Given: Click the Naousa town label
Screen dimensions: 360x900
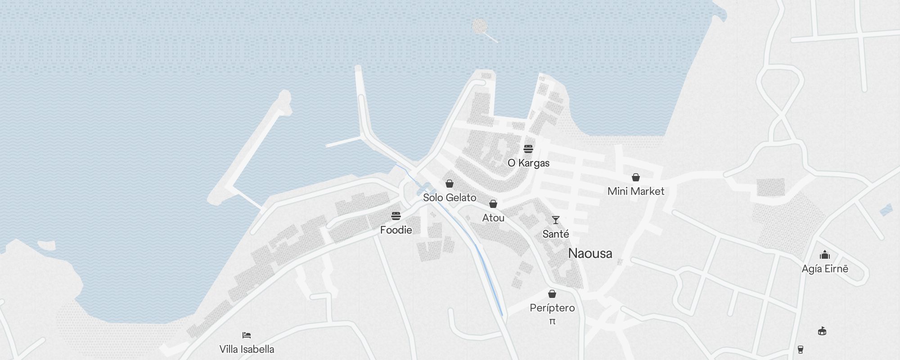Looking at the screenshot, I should [x=590, y=253].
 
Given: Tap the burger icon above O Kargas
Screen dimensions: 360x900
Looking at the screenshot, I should [x=528, y=148].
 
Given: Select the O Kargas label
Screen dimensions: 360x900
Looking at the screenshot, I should [x=528, y=163].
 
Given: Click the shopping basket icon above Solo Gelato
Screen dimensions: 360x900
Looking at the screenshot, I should [x=449, y=184].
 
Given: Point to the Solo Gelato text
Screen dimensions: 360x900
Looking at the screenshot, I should [x=449, y=198].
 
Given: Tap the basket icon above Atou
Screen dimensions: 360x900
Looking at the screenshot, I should [x=493, y=204].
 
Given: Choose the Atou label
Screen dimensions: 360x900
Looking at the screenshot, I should [x=493, y=218].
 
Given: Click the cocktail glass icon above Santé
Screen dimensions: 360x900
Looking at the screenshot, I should [x=556, y=220].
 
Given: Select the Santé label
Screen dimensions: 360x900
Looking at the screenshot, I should [x=556, y=234].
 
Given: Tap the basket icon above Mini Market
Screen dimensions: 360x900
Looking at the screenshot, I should [x=636, y=177].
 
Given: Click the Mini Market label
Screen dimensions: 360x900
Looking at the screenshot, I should [x=636, y=191].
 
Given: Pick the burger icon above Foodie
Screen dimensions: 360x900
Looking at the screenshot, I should [x=396, y=216].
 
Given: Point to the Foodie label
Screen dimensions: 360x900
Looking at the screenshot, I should [x=396, y=230].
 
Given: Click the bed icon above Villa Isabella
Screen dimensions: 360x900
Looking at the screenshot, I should [x=246, y=335].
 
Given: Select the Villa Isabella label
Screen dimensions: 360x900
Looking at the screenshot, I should [x=247, y=349].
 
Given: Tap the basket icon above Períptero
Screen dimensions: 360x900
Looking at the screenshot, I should [x=552, y=294].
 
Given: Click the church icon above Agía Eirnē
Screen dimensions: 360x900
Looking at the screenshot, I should [x=825, y=255].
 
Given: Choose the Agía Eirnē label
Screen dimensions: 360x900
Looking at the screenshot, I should [x=825, y=269].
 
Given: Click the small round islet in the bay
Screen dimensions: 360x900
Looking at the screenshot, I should [x=480, y=26].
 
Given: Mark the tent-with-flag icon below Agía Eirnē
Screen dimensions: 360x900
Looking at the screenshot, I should [x=822, y=331].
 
